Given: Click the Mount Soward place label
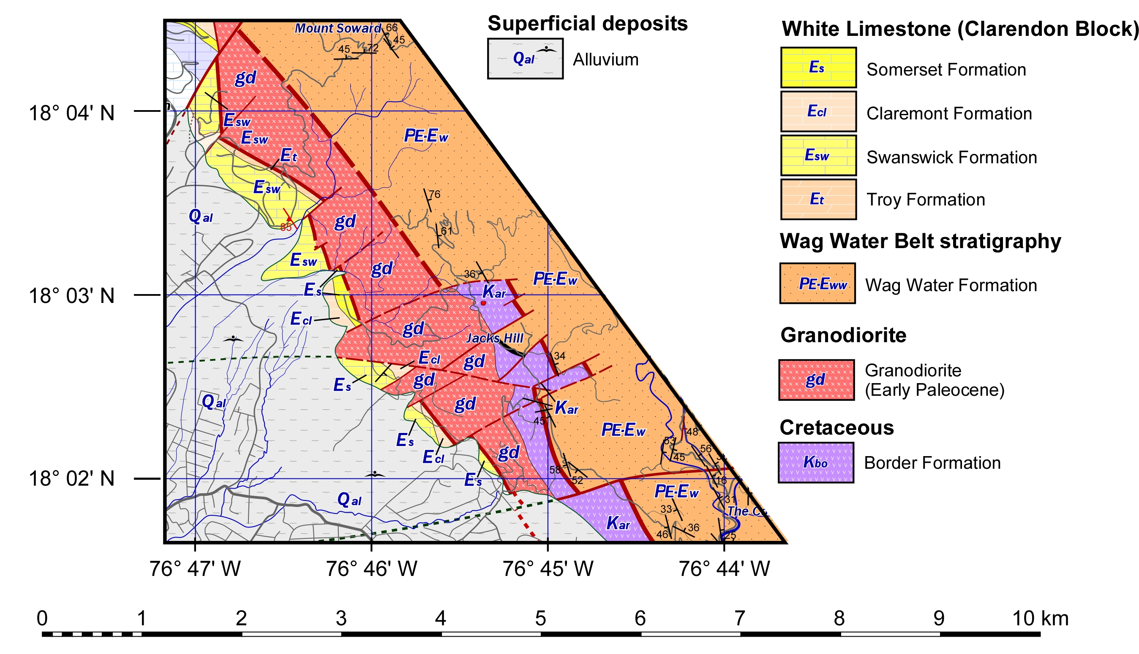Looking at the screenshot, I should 337,28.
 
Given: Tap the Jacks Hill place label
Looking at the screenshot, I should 495,338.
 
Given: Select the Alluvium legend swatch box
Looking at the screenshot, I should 525,58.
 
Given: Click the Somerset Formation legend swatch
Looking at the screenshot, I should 818,68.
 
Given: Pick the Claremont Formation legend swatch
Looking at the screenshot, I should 818,111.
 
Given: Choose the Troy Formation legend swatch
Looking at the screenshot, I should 818,200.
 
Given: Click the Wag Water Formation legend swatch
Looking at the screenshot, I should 817,284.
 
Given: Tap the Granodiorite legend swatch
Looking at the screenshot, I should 816,380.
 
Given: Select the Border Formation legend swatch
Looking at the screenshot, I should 816,462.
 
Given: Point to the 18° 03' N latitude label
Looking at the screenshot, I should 71,296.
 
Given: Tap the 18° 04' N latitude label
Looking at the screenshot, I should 71,113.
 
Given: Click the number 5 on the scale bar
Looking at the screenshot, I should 540,619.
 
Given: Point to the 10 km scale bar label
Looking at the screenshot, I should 1040,619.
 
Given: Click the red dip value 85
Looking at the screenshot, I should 286,227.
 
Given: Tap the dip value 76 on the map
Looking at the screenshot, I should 434,195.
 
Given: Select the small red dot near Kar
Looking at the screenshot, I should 483,303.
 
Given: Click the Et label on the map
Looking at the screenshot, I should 289,156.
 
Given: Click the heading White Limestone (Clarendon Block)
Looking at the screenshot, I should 959,29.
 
